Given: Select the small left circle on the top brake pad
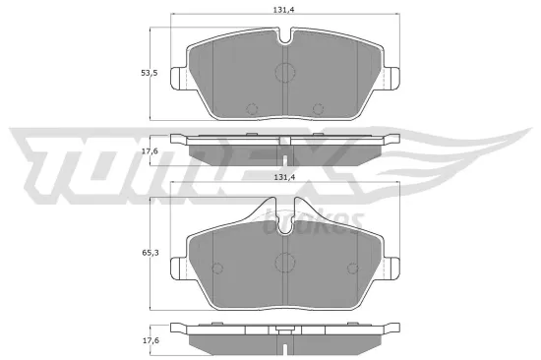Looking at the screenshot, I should click(250, 108).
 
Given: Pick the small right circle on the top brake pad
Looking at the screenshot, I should click(317, 108).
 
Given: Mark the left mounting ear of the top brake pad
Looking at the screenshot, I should click(178, 77).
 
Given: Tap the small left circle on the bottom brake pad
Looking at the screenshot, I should click(218, 266).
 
